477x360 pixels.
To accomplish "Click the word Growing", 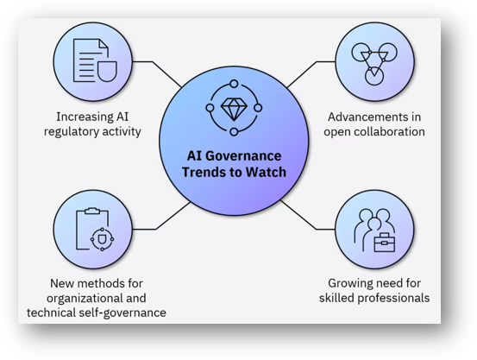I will click(x=353, y=282).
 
